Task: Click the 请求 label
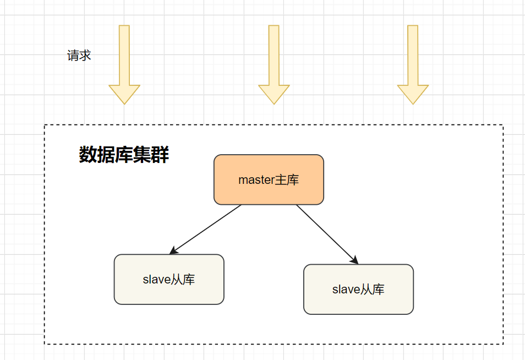(x=79, y=56)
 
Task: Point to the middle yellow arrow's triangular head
(x=274, y=94)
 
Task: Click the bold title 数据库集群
(x=124, y=155)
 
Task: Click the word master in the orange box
(x=256, y=180)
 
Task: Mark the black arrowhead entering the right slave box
(x=355, y=260)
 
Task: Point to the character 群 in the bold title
(x=160, y=155)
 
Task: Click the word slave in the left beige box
(x=156, y=280)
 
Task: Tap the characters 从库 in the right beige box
(x=372, y=290)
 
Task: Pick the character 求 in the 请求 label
(x=85, y=56)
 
